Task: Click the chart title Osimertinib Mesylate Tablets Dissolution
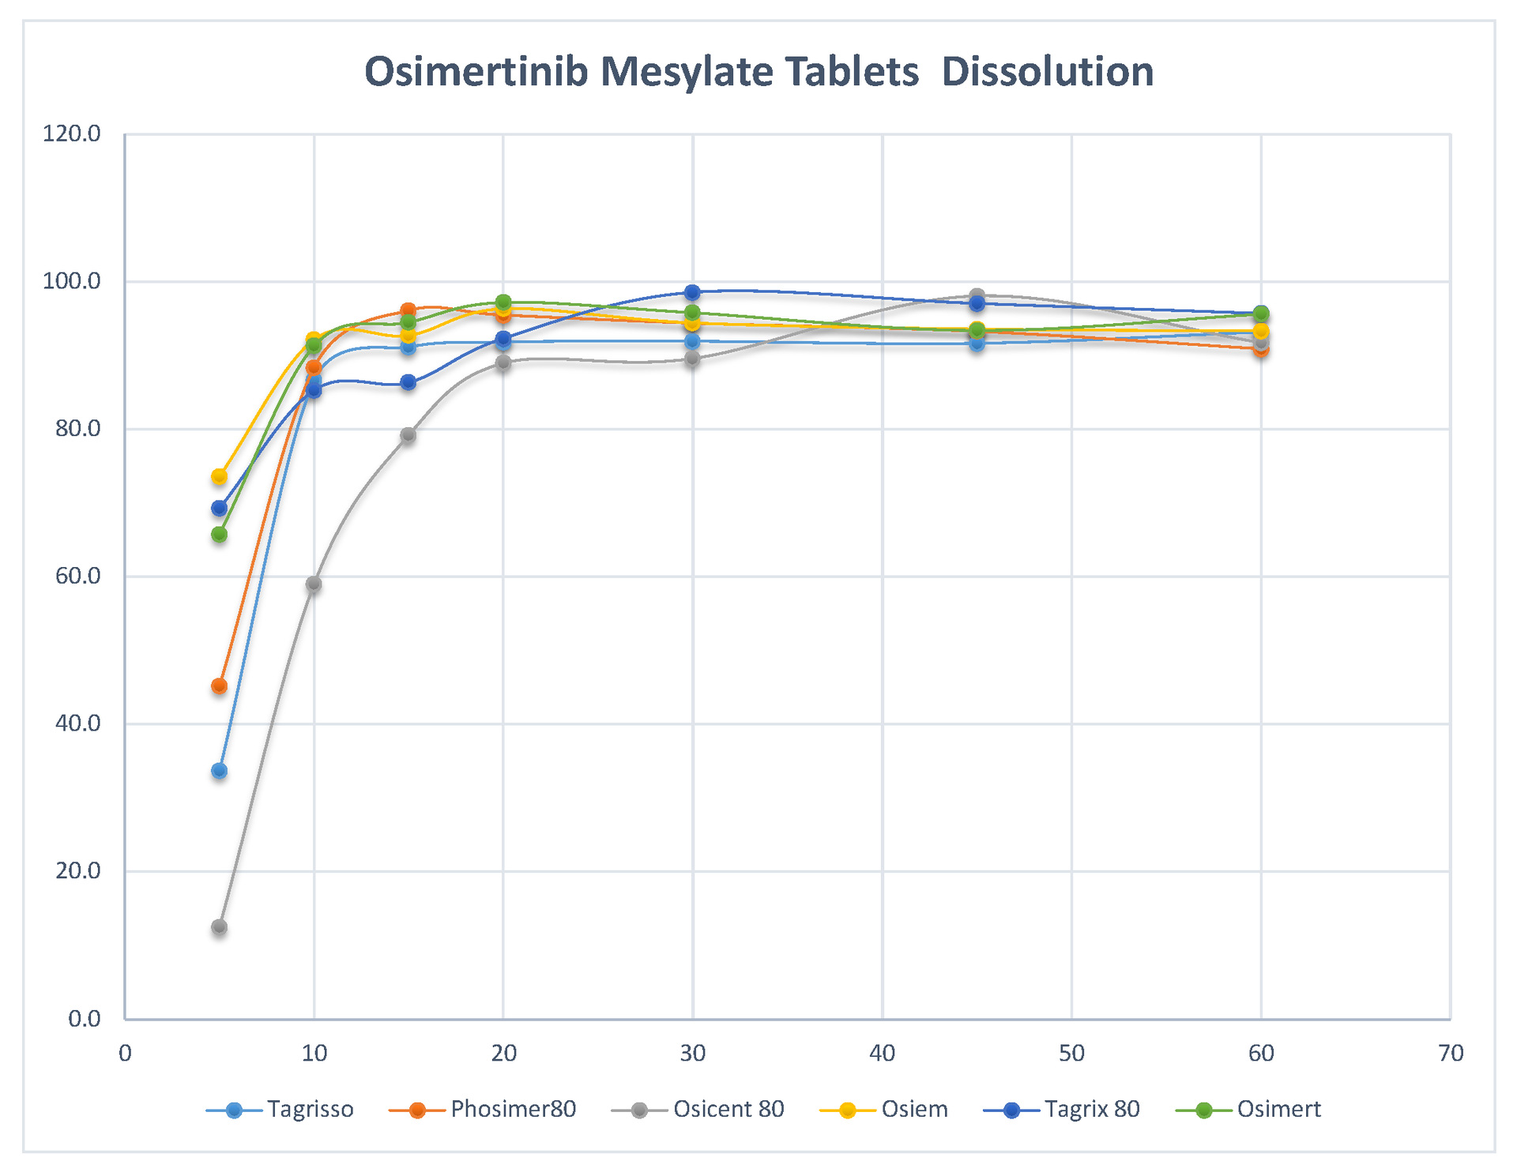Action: coord(758,72)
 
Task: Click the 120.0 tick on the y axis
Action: coord(72,133)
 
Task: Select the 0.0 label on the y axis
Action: coord(84,1019)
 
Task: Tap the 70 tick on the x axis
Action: coord(1451,1053)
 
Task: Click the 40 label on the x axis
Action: coord(883,1053)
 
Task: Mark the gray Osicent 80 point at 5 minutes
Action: coord(219,926)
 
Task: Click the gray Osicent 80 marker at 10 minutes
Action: coord(314,584)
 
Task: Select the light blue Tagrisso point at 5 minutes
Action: coord(219,770)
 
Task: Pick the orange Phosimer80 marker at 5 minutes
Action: coord(219,686)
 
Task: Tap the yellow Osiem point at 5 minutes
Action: coord(219,476)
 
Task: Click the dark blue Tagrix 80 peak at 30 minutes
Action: coord(692,292)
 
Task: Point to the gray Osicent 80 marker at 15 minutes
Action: coord(408,435)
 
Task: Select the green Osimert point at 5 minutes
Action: coord(219,535)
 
